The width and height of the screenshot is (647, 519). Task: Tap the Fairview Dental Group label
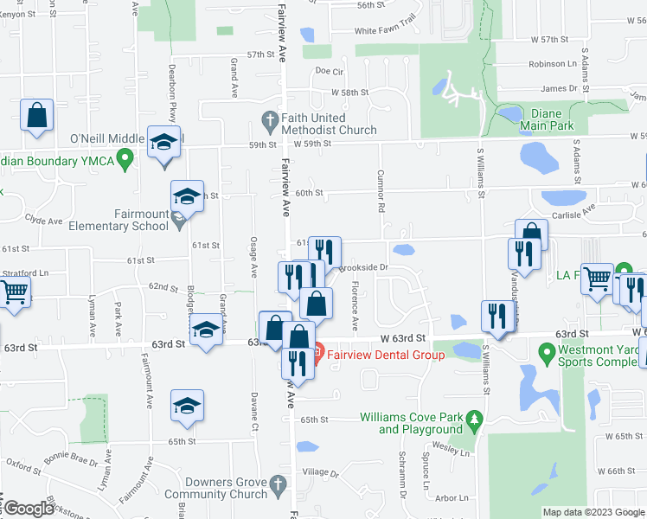[375, 352]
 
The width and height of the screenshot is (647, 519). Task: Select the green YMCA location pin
[125, 158]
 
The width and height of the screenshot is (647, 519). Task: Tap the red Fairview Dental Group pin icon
[317, 352]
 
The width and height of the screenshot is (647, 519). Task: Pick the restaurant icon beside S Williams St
[494, 314]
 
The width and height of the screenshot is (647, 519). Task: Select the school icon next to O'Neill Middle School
[163, 141]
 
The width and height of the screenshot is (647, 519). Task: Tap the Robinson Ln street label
[552, 64]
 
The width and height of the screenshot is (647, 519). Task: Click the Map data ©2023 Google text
[592, 512]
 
